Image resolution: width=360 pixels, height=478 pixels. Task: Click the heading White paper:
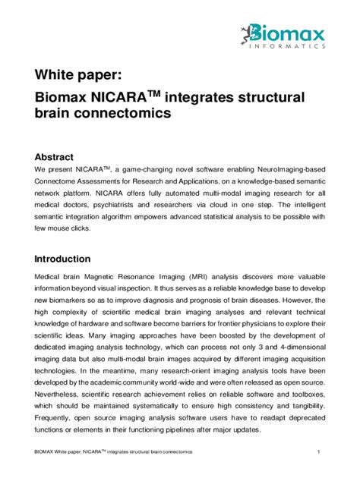[76, 75]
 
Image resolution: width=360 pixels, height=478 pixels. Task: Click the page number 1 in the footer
[320, 452]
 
